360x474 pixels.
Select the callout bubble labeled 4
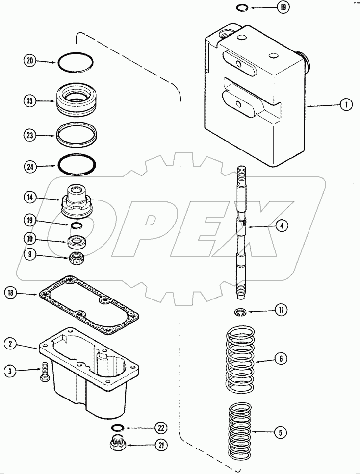pyautogui.click(x=281, y=226)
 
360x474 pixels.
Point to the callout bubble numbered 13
pyautogui.click(x=30, y=101)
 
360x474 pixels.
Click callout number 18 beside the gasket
pyautogui.click(x=11, y=293)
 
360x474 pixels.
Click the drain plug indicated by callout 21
pyautogui.click(x=118, y=445)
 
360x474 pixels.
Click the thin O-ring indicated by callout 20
pyautogui.click(x=76, y=62)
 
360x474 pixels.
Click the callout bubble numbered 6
pyautogui.click(x=281, y=359)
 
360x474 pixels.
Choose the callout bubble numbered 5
pyautogui.click(x=281, y=432)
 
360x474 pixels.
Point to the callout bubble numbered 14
pyautogui.click(x=30, y=197)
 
